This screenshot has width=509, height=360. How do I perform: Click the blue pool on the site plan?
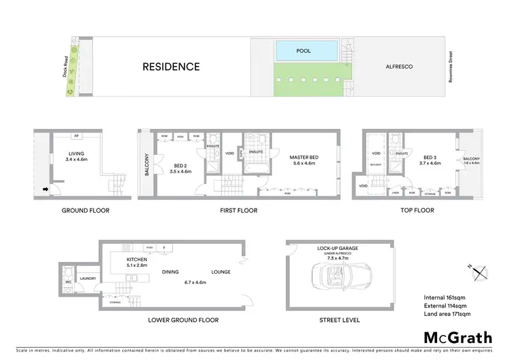306,51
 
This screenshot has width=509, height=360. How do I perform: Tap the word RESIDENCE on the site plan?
171,67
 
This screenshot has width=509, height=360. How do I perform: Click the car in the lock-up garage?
333,279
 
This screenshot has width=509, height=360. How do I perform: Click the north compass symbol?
481,271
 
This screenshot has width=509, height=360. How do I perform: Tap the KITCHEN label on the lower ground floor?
137,259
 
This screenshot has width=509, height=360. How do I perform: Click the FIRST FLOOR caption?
238,211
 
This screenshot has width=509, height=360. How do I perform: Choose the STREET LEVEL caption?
340,320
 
